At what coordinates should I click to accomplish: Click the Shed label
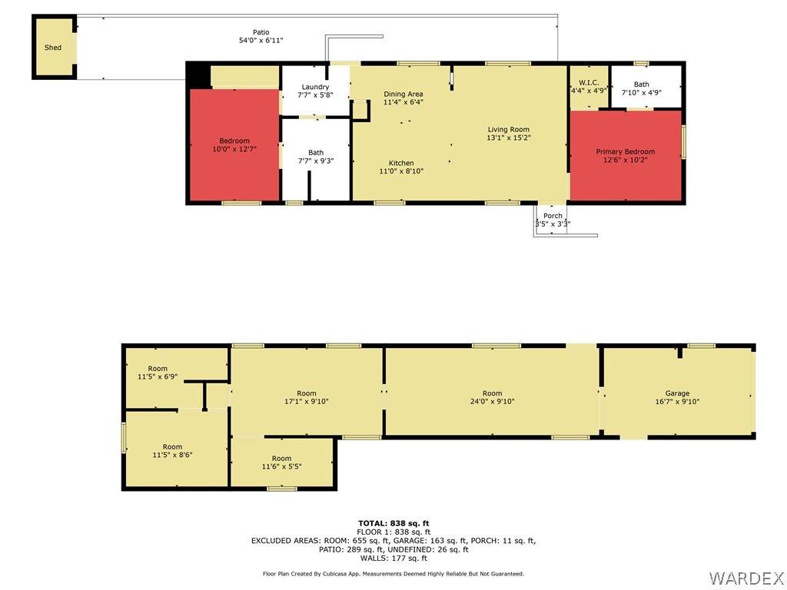point(53,48)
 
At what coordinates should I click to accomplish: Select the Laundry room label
point(315,87)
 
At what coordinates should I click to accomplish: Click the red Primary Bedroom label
point(626,152)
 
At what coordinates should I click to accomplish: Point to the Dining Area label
point(403,94)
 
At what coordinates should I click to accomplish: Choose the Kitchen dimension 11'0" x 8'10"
point(401,171)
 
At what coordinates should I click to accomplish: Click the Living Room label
point(508,129)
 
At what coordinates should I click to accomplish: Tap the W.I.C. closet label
point(589,83)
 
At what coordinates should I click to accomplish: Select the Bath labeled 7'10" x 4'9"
point(641,85)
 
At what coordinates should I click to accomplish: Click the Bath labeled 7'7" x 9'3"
point(315,152)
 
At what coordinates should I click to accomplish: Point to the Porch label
point(553,216)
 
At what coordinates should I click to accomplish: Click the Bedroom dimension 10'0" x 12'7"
point(234,150)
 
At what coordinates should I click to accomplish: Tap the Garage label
point(677,393)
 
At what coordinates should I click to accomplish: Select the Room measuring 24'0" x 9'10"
point(492,393)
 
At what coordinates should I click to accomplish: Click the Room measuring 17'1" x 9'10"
point(307,393)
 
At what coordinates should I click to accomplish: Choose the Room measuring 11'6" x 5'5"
point(276,459)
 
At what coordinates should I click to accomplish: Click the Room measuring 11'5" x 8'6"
point(172,447)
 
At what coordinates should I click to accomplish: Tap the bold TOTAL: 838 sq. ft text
point(393,523)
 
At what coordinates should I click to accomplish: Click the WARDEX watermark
point(745,577)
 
